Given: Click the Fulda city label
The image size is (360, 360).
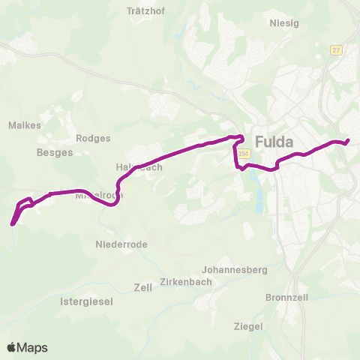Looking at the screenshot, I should point(274,141).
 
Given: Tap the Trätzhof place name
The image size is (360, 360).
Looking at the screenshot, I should point(145,11).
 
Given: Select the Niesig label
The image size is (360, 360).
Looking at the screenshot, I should point(284,23).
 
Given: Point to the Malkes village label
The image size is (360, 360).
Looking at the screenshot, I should point(25,125).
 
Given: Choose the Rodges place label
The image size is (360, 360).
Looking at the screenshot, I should point(93,138).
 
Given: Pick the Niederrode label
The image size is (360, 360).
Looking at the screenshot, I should point(121,244).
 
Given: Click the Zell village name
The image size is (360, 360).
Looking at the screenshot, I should point(142,287).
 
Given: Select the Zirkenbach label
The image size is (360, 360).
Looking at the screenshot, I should point(184,283).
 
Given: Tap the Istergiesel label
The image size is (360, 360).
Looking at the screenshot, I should point(86,301).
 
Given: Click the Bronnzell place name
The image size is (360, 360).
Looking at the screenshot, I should point(286,297).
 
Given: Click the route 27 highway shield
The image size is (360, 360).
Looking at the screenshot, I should point(336,49).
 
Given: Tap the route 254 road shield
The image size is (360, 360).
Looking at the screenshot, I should point(243,154).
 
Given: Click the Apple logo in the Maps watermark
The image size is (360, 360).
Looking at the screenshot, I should point(12,347).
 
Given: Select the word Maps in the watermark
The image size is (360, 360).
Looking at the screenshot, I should point(33,347).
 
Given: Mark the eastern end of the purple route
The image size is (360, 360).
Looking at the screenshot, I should point(348,140).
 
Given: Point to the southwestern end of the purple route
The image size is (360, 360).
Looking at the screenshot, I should point(13,223).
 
